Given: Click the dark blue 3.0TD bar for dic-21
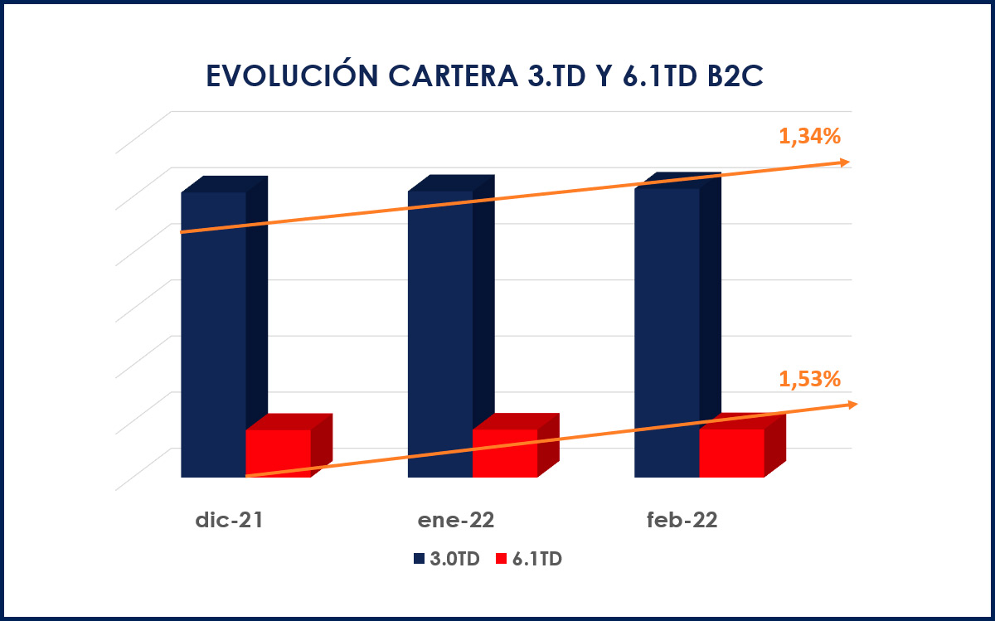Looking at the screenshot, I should [x=213, y=332].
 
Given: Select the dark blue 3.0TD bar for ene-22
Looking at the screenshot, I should [x=440, y=332].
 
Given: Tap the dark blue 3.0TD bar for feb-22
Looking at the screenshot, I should [x=667, y=332].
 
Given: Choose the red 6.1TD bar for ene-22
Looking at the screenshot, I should [x=504, y=454].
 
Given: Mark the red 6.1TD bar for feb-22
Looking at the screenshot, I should [x=731, y=454].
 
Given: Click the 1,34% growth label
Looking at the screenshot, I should [x=809, y=137].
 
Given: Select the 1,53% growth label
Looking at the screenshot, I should [x=809, y=379].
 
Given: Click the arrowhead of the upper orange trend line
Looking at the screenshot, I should [x=844, y=163].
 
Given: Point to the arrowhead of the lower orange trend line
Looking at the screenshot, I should [x=852, y=404].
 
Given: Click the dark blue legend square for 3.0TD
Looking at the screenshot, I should [x=420, y=560].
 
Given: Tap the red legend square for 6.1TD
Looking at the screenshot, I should [x=500, y=560].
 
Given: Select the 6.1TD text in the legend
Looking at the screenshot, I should [x=536, y=560].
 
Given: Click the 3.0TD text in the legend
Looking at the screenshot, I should [x=454, y=560].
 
